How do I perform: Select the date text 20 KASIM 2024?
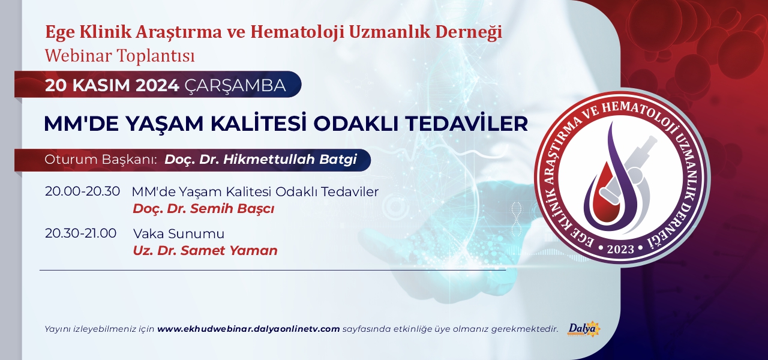(x=112, y=85)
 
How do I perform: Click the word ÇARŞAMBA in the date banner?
(x=235, y=85)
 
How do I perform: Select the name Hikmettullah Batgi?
(x=290, y=160)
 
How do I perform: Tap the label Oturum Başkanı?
(x=100, y=160)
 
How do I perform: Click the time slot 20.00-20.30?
(x=82, y=191)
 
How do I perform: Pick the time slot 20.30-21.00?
(x=80, y=233)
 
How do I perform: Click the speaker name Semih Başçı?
(x=232, y=209)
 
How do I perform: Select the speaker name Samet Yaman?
(x=229, y=251)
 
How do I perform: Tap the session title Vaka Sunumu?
(x=179, y=234)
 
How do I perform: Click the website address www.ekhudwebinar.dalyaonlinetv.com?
(x=248, y=329)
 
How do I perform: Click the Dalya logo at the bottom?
(x=584, y=329)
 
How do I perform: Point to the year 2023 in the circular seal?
(x=620, y=249)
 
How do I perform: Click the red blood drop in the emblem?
(x=602, y=195)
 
